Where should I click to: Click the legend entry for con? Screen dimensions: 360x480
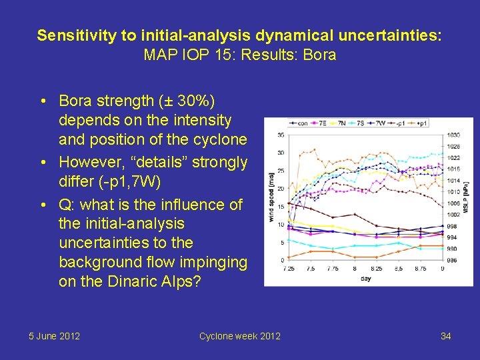[x=301, y=123]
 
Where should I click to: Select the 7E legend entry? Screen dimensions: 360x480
[x=321, y=123]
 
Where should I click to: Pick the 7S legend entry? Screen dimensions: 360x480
[x=360, y=123]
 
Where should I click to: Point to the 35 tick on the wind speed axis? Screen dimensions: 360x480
[x=281, y=135]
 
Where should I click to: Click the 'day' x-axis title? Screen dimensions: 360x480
[x=365, y=278]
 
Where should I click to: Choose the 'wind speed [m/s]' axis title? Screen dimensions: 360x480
[x=271, y=198]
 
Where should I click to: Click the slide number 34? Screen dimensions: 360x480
[x=445, y=336]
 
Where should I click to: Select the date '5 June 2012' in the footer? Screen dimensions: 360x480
[x=54, y=336]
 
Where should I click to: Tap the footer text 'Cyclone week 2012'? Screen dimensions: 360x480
[x=240, y=336]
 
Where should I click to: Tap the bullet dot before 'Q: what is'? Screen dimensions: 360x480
[x=42, y=205]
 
